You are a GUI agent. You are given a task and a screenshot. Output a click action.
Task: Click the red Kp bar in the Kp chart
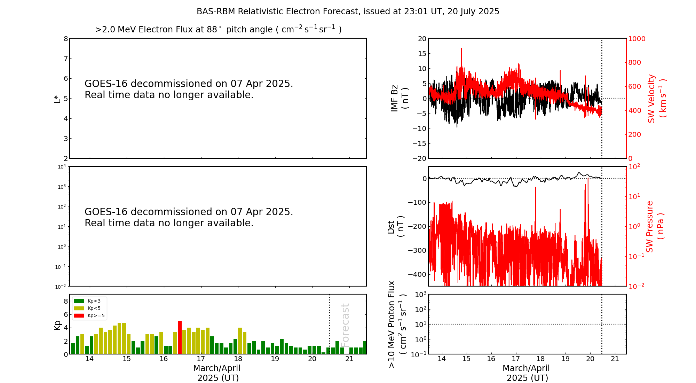180,337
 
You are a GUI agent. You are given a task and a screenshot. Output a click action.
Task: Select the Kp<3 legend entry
89,301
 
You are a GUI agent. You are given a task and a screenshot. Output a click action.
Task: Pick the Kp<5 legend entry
89,308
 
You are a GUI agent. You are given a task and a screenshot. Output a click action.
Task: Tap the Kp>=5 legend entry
89,316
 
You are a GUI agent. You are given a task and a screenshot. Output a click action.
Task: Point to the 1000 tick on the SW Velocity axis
636,39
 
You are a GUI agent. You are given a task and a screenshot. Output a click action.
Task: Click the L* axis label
57,99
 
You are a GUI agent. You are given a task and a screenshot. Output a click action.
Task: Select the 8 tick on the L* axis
65,39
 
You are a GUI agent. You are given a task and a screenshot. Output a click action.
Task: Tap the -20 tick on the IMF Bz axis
419,158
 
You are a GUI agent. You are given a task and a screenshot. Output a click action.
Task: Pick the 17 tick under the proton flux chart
516,359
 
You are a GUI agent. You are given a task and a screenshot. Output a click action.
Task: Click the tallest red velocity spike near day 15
461,49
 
